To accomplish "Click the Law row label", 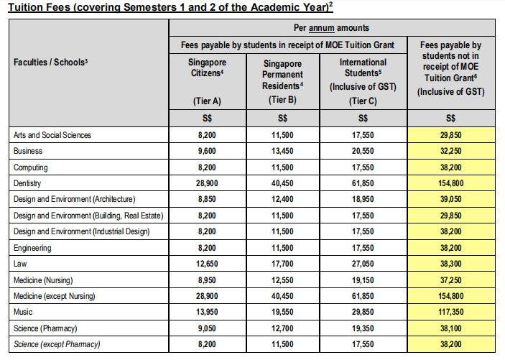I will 21,264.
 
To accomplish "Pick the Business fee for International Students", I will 363,152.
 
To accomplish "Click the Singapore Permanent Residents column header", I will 282,73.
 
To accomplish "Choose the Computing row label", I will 31,167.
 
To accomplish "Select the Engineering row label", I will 33,248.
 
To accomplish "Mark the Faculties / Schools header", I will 50,63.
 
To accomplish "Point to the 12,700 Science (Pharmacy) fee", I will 282,328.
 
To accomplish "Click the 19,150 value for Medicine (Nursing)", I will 363,280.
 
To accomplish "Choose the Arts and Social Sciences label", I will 52,135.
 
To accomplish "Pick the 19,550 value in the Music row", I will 282,312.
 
